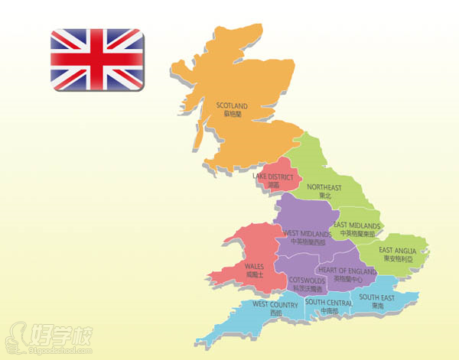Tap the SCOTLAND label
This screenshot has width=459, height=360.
coord(233,105)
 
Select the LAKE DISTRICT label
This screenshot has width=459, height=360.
coord(273,177)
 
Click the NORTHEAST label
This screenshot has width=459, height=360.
coord(324,187)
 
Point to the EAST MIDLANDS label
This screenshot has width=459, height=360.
coord(356,225)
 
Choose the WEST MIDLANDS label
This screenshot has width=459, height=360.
coord(307,232)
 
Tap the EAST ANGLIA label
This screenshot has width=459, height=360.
coord(398,250)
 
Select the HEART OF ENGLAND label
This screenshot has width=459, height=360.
coord(347,271)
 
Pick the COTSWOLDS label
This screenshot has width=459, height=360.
coord(309,281)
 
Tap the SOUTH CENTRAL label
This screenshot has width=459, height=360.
coord(329,303)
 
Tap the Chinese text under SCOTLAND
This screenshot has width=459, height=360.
coord(233,114)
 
